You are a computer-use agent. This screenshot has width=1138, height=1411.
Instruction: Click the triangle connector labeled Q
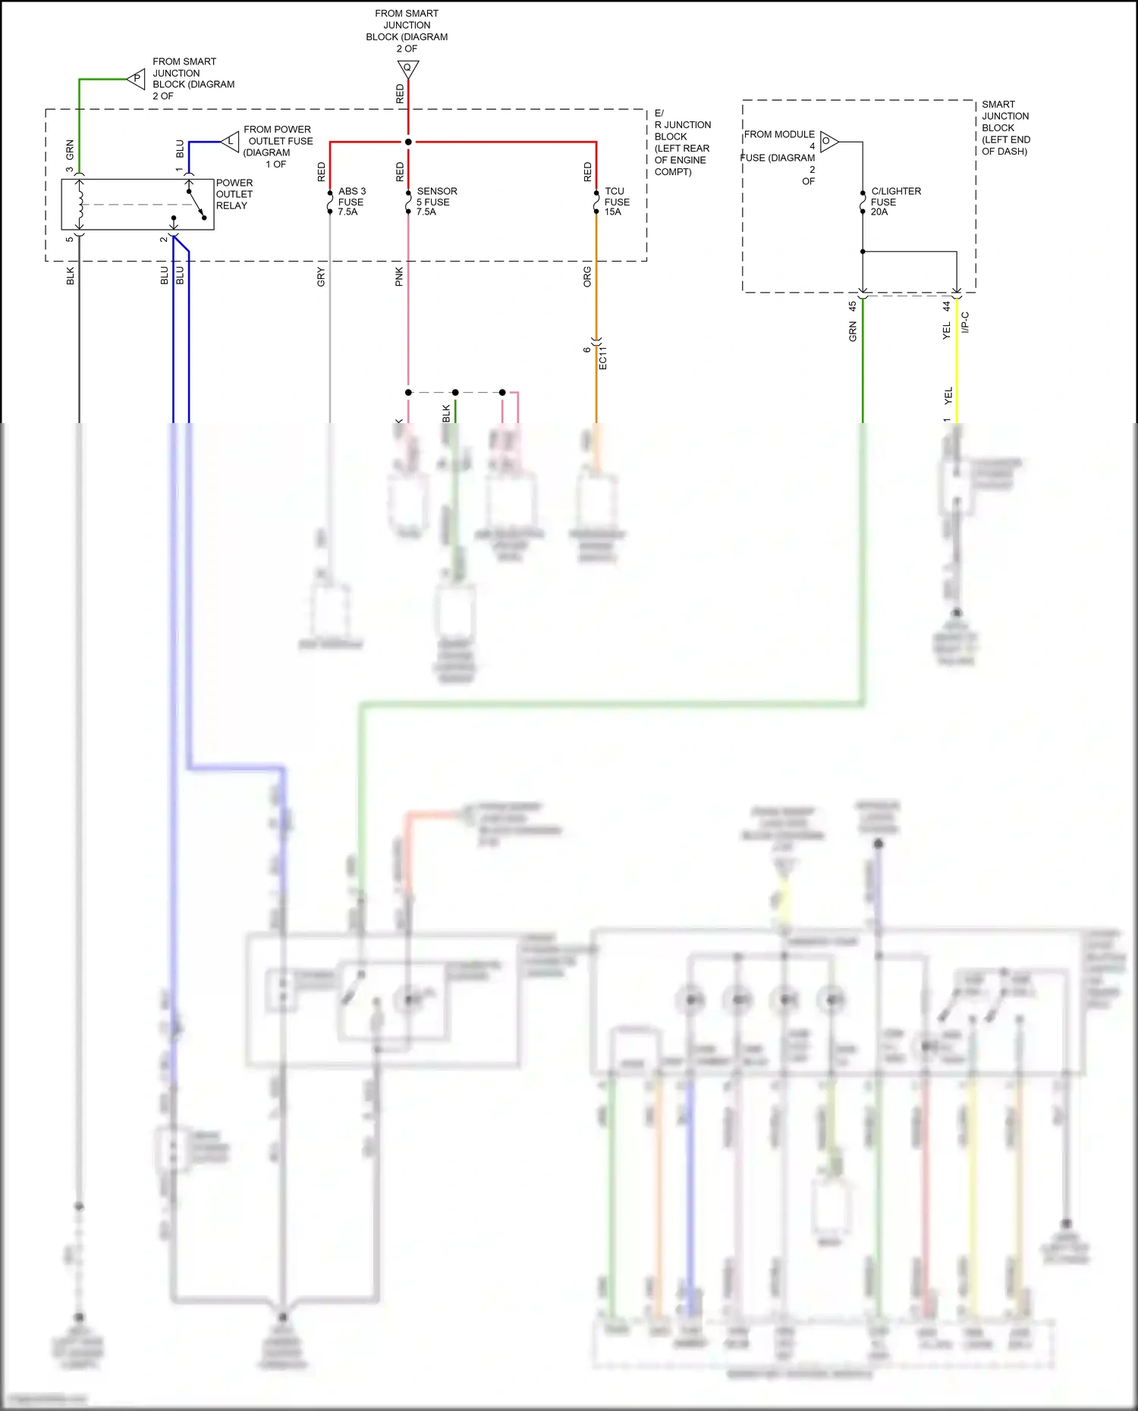(x=408, y=69)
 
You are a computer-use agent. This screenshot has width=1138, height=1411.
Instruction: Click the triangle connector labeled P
(x=137, y=78)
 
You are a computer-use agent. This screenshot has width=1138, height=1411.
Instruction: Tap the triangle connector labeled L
(x=231, y=141)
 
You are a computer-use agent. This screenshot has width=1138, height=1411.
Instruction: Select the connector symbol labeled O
(x=828, y=141)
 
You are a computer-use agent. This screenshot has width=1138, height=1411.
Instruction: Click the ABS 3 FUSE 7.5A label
(x=351, y=202)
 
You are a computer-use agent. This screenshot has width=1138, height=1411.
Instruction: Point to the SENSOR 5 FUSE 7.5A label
(x=435, y=202)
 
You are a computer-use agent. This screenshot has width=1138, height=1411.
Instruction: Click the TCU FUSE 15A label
(x=616, y=202)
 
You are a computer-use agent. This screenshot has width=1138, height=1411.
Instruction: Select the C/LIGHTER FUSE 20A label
(x=894, y=202)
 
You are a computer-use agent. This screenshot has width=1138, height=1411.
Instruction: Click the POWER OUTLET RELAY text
(x=234, y=194)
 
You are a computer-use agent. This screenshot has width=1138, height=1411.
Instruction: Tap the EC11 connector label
(x=603, y=357)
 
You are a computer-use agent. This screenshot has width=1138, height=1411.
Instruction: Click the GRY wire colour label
(x=321, y=277)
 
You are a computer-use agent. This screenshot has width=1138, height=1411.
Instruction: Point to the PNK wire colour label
(x=399, y=277)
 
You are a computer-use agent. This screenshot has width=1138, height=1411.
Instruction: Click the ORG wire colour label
(x=587, y=277)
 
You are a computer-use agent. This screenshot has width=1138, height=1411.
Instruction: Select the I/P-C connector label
(x=965, y=322)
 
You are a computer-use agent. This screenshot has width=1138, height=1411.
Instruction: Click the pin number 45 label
(x=852, y=306)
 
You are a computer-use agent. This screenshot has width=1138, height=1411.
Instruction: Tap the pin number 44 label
(x=946, y=306)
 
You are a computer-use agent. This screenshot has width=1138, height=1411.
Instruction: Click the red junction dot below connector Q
(x=408, y=142)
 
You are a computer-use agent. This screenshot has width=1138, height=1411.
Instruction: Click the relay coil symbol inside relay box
(x=80, y=204)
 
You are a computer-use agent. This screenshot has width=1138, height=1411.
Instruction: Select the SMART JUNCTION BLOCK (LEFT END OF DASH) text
(x=1005, y=127)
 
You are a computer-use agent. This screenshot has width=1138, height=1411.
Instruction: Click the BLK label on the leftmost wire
(x=71, y=275)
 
